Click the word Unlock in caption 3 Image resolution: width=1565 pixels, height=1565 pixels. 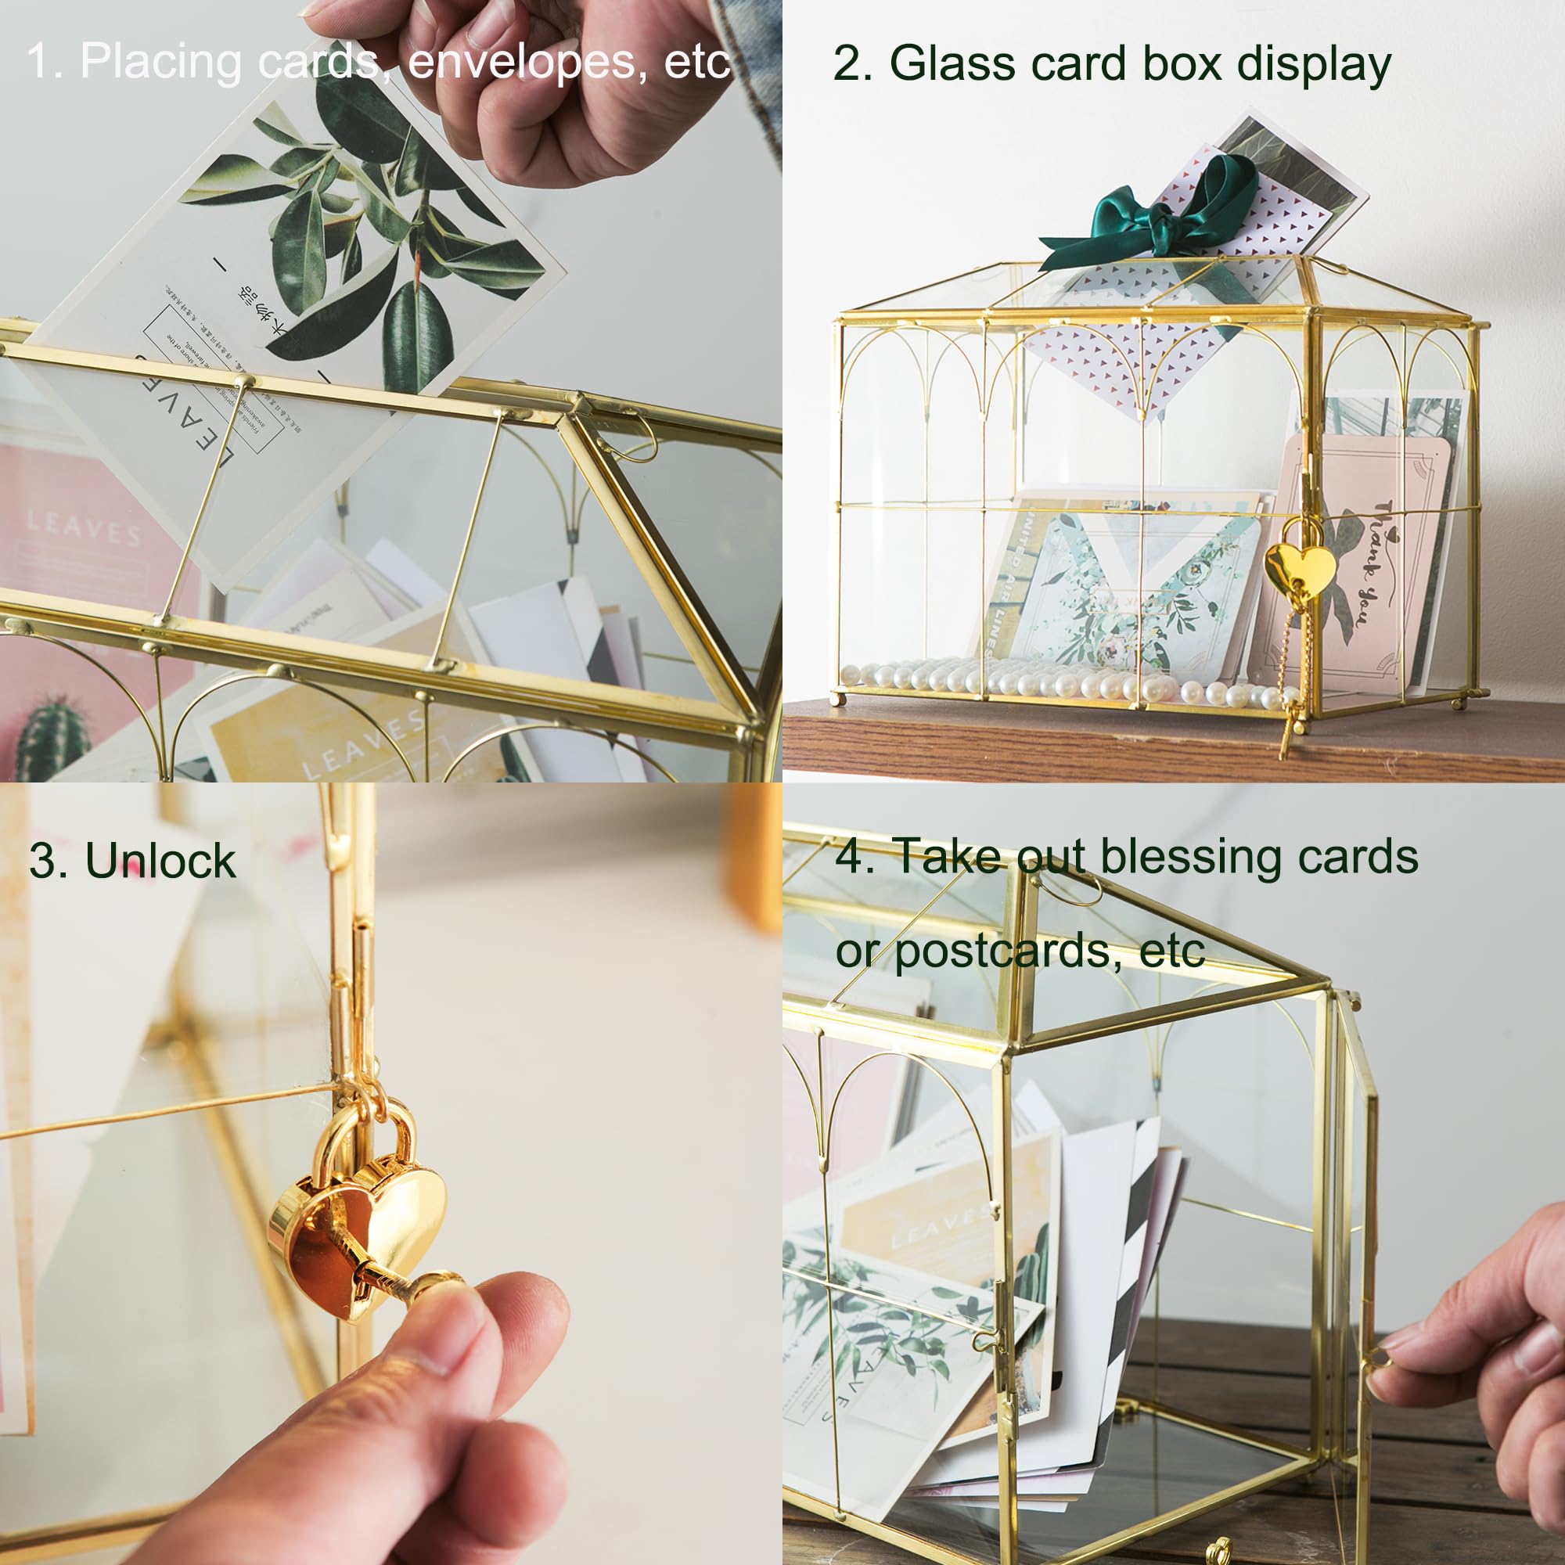[160, 860]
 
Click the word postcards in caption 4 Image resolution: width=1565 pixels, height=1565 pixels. [1008, 951]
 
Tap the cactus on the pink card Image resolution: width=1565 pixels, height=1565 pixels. [52, 737]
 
